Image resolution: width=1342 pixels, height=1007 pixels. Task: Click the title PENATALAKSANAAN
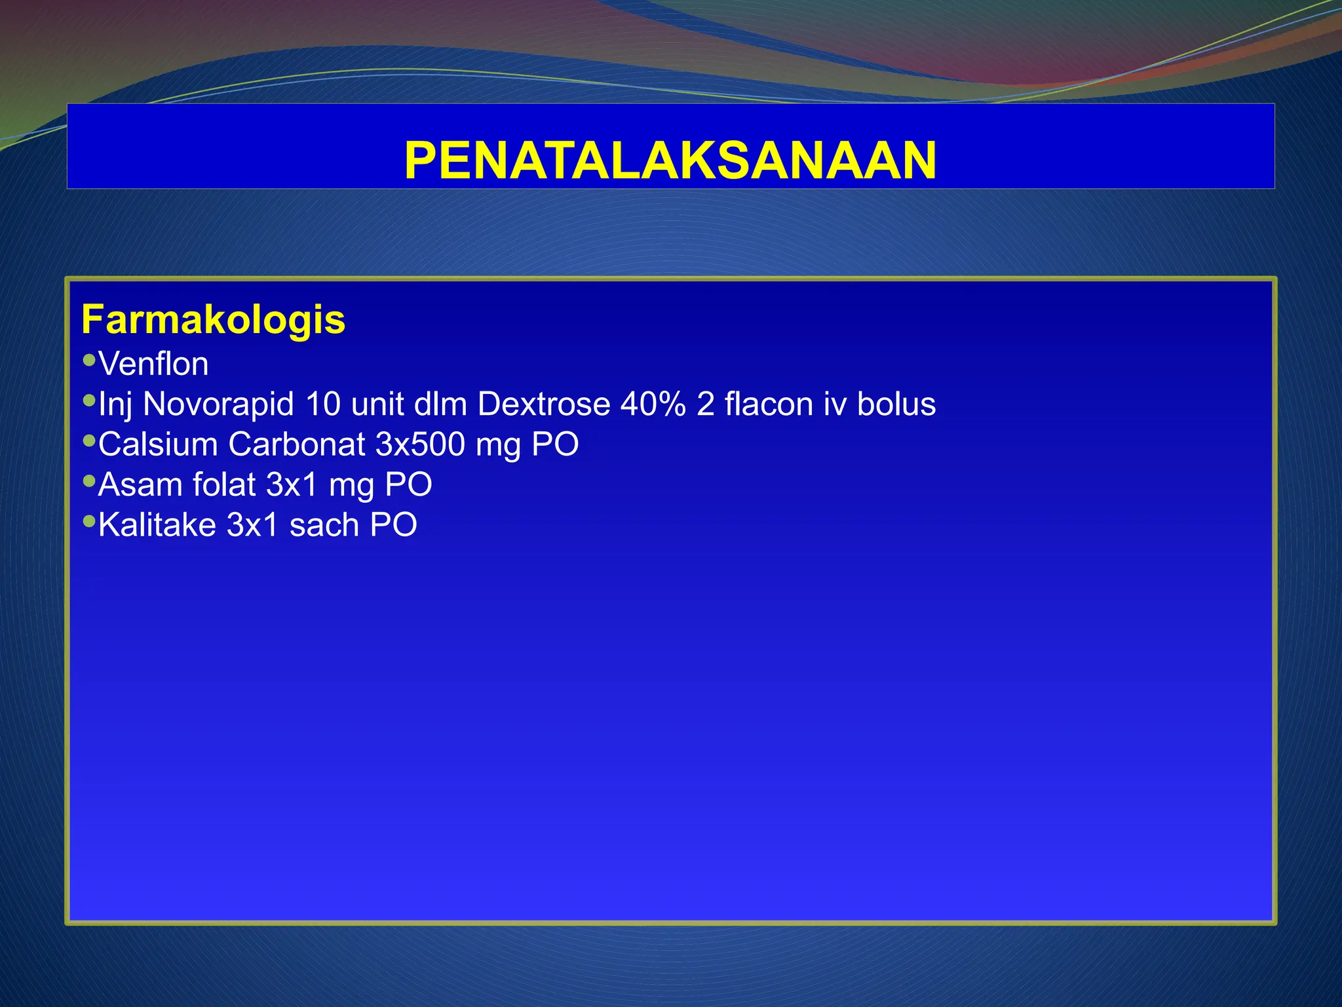(670, 161)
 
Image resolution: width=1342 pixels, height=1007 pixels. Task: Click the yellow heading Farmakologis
(213, 320)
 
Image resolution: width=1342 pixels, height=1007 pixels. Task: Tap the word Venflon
(153, 364)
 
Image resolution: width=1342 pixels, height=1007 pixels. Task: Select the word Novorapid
(218, 404)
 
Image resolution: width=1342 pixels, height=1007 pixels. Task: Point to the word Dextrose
(544, 404)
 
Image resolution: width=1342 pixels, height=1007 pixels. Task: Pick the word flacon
(769, 404)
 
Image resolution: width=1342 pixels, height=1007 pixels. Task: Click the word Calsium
(158, 444)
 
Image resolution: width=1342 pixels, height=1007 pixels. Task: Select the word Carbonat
(296, 444)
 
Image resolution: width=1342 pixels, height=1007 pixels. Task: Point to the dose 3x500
(420, 444)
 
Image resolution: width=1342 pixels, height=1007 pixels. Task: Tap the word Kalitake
(157, 525)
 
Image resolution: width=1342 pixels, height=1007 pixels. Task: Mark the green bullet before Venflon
(89, 360)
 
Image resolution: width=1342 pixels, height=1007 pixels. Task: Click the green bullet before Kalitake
(89, 521)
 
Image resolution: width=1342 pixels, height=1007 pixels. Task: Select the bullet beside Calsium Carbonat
(89, 441)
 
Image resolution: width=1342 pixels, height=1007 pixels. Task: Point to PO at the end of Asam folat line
(408, 485)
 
